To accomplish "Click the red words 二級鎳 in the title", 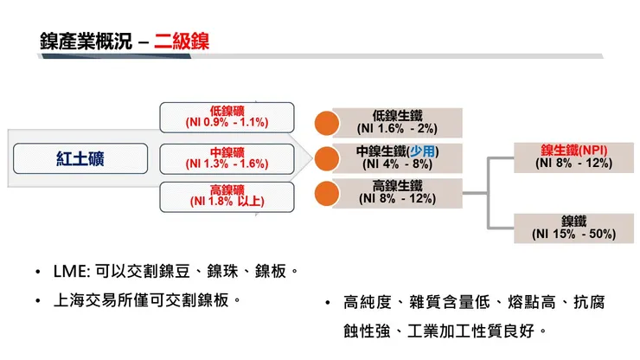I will tap(182, 41).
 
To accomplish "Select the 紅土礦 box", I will tap(84, 158).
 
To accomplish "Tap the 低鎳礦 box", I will tap(227, 116).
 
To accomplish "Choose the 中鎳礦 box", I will tap(227, 157).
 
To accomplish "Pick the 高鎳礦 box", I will tap(227, 196).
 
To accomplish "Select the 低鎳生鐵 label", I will tap(397, 114).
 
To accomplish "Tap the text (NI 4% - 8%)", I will tap(397, 164).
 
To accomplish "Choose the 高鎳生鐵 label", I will tap(397, 185).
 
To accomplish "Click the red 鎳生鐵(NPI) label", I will tap(573, 150).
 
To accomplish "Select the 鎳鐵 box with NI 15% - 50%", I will tap(573, 228).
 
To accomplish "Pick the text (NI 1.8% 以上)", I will tap(227, 202).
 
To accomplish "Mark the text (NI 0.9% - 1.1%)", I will tap(227, 122).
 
